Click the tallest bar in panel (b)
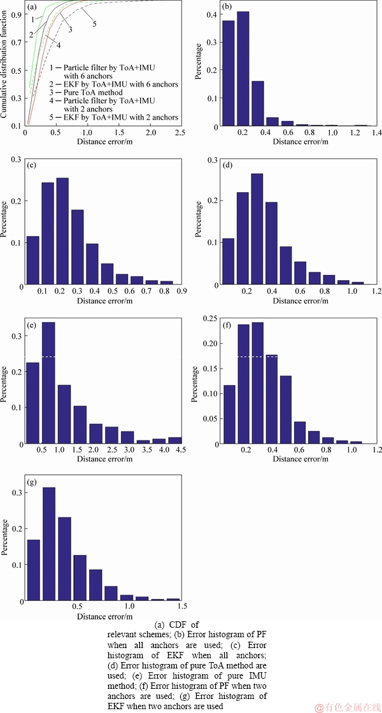click(243, 70)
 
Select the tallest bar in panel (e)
click(48, 382)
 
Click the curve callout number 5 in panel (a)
click(94, 24)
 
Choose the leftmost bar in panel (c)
click(32, 260)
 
